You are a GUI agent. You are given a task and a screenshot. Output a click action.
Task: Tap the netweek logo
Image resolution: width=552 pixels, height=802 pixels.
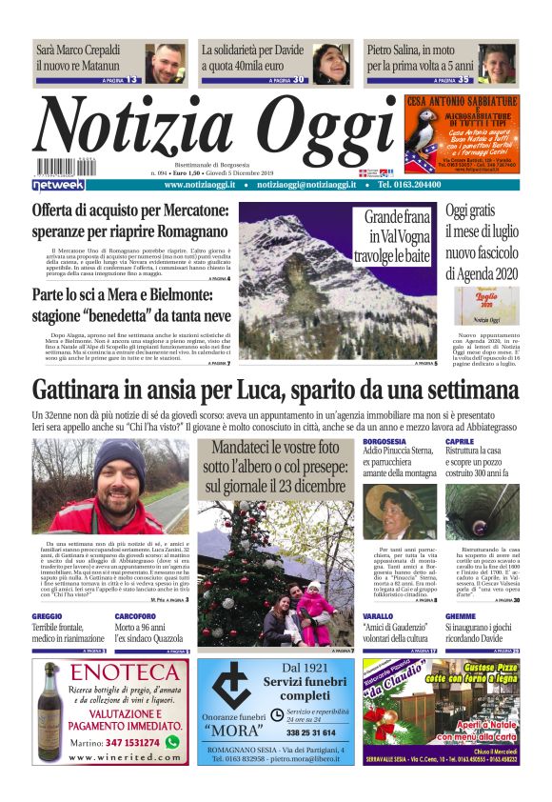(x=58, y=184)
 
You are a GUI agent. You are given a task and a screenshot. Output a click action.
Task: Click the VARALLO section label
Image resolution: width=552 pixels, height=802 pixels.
(x=377, y=617)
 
